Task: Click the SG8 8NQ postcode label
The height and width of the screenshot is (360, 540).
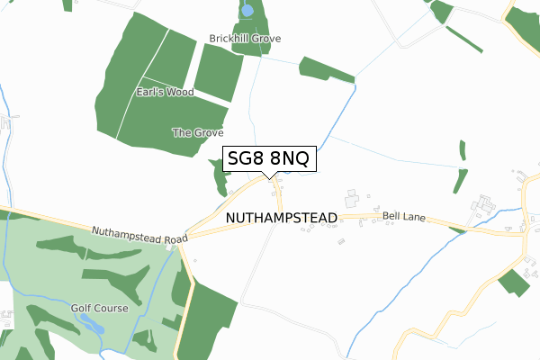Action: click(x=268, y=158)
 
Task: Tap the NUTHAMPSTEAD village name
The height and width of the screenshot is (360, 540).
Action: click(x=281, y=219)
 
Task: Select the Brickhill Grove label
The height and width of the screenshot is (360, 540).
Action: click(x=245, y=39)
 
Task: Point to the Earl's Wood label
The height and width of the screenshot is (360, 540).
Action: click(x=165, y=92)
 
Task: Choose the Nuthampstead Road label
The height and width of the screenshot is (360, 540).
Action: click(x=139, y=234)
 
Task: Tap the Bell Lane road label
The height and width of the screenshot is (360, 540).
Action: click(x=403, y=217)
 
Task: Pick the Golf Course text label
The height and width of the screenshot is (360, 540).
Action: click(x=99, y=309)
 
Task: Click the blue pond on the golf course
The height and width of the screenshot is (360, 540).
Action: click(x=91, y=322)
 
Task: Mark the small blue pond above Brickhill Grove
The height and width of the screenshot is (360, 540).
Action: click(x=247, y=12)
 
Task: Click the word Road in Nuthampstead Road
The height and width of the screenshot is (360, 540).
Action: click(x=175, y=238)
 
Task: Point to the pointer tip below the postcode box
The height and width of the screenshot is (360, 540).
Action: click(x=269, y=177)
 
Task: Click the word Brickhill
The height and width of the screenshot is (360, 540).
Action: click(x=229, y=39)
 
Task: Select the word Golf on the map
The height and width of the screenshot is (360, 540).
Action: click(x=83, y=309)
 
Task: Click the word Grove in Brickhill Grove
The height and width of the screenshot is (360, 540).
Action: click(x=266, y=39)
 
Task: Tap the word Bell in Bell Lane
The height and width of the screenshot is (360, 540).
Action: click(x=391, y=217)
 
